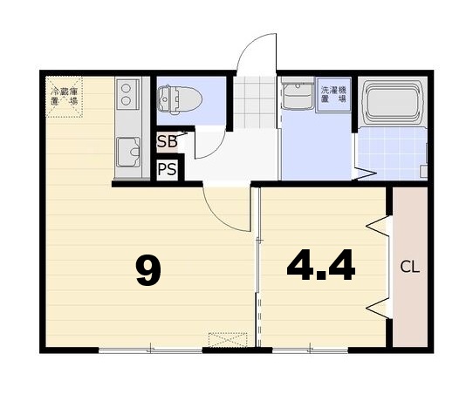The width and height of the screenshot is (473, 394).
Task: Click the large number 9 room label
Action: [148, 270]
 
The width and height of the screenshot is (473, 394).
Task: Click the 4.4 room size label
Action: [321, 265]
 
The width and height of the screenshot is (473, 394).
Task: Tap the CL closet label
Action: [409, 268]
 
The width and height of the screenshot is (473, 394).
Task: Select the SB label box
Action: [167, 141]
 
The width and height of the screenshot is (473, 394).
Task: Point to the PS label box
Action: [167, 169]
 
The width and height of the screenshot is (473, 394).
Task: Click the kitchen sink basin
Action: [128, 153]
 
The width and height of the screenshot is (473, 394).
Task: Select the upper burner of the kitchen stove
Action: [126, 88]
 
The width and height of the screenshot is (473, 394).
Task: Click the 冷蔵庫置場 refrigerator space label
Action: [64, 96]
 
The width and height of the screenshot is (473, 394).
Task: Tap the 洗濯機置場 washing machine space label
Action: [333, 94]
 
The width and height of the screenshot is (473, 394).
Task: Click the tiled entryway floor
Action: [255, 102]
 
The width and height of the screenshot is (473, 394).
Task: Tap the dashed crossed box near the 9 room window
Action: [228, 340]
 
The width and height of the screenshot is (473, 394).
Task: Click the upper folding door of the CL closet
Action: [378, 226]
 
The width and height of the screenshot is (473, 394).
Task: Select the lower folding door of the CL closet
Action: [378, 308]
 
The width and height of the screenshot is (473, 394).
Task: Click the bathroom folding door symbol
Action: [365, 173]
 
